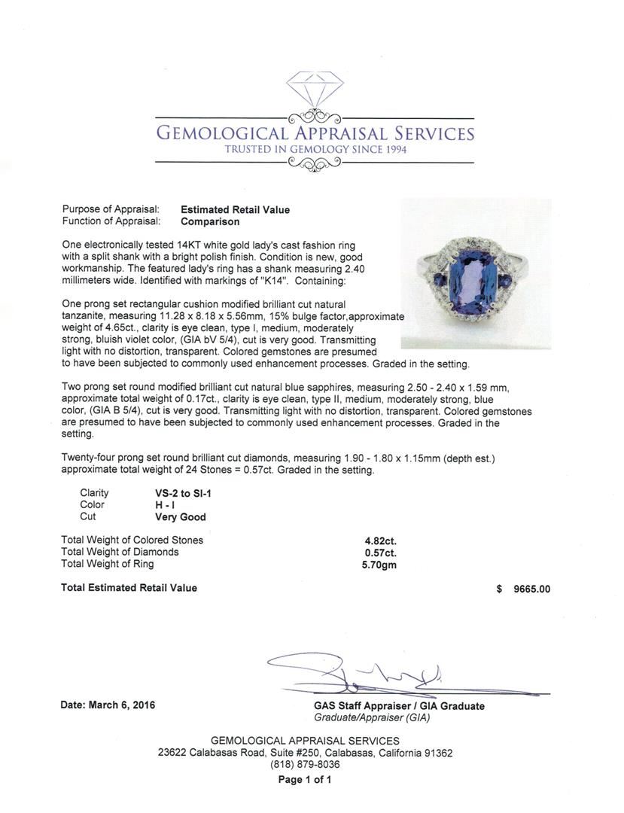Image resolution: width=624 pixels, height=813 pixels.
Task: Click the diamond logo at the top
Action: pos(315,90)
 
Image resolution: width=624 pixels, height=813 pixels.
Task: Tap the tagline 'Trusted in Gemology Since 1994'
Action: pos(315,150)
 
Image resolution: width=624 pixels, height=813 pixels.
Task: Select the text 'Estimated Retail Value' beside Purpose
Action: pos(235,210)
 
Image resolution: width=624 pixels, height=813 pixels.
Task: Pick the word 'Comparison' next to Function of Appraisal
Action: pos(210,222)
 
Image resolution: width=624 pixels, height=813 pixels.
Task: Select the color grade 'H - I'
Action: pos(166,505)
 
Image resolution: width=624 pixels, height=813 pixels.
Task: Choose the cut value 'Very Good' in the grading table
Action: pos(180,517)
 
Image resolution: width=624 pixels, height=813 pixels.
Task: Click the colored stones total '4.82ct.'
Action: pos(379,540)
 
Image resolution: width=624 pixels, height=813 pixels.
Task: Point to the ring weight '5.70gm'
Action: pos(379,565)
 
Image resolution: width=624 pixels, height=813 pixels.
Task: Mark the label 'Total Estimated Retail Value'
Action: pos(129,588)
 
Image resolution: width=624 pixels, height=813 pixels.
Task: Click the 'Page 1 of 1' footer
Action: pos(305,779)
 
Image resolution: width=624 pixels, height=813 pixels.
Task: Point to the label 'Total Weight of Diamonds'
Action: pos(120,552)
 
